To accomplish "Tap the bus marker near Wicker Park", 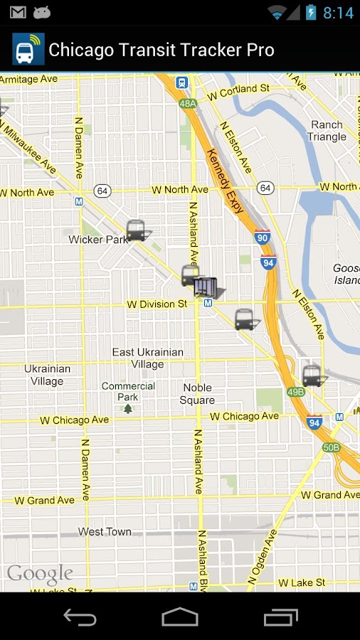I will (x=135, y=230).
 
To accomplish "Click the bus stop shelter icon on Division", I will (x=205, y=287).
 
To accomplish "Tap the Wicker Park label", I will (x=98, y=240).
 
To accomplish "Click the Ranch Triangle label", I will (x=327, y=131).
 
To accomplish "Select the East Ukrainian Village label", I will (x=148, y=358).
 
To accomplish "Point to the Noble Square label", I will (x=197, y=394).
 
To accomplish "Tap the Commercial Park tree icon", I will (x=128, y=408).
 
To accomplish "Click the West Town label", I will (x=105, y=531).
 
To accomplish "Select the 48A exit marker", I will (x=188, y=104).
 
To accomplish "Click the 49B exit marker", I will (x=296, y=392).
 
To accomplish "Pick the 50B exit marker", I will (x=331, y=447).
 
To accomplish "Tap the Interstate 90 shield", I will (x=263, y=238).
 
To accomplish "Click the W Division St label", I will (x=157, y=304).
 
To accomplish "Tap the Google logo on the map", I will (x=40, y=574).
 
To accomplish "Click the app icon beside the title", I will (x=28, y=50).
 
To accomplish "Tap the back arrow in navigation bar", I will (x=80, y=617).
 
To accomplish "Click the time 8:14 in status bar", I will (x=338, y=13).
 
